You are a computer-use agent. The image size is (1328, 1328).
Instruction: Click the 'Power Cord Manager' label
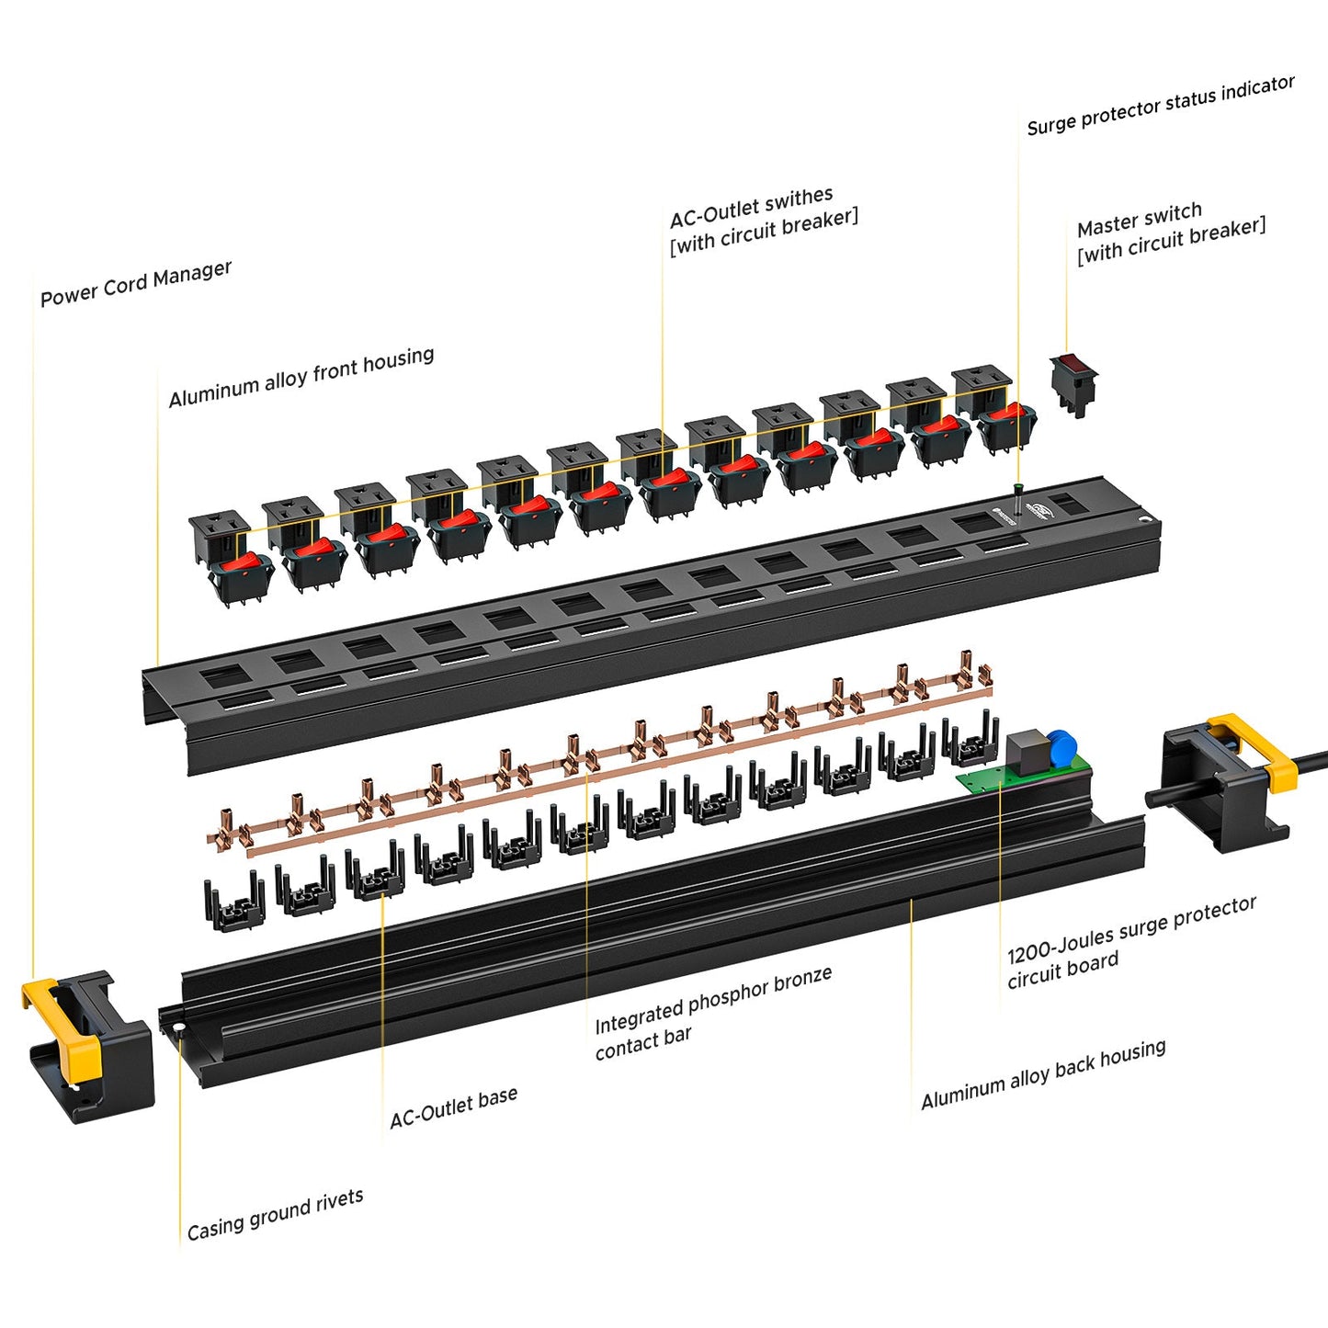coord(136,284)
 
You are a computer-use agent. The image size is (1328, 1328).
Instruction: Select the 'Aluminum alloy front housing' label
coord(301,377)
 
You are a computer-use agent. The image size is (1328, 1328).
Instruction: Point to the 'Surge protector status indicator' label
coord(1160,106)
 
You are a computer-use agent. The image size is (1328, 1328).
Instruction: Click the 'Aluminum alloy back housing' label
coord(1043,1074)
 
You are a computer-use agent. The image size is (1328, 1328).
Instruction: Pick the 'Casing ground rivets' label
coord(275,1214)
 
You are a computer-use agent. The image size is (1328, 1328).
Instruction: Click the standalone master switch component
coord(1073,380)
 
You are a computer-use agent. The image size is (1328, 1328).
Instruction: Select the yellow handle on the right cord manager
coord(1259,749)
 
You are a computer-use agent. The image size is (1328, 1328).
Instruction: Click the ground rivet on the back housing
coord(180,1027)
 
